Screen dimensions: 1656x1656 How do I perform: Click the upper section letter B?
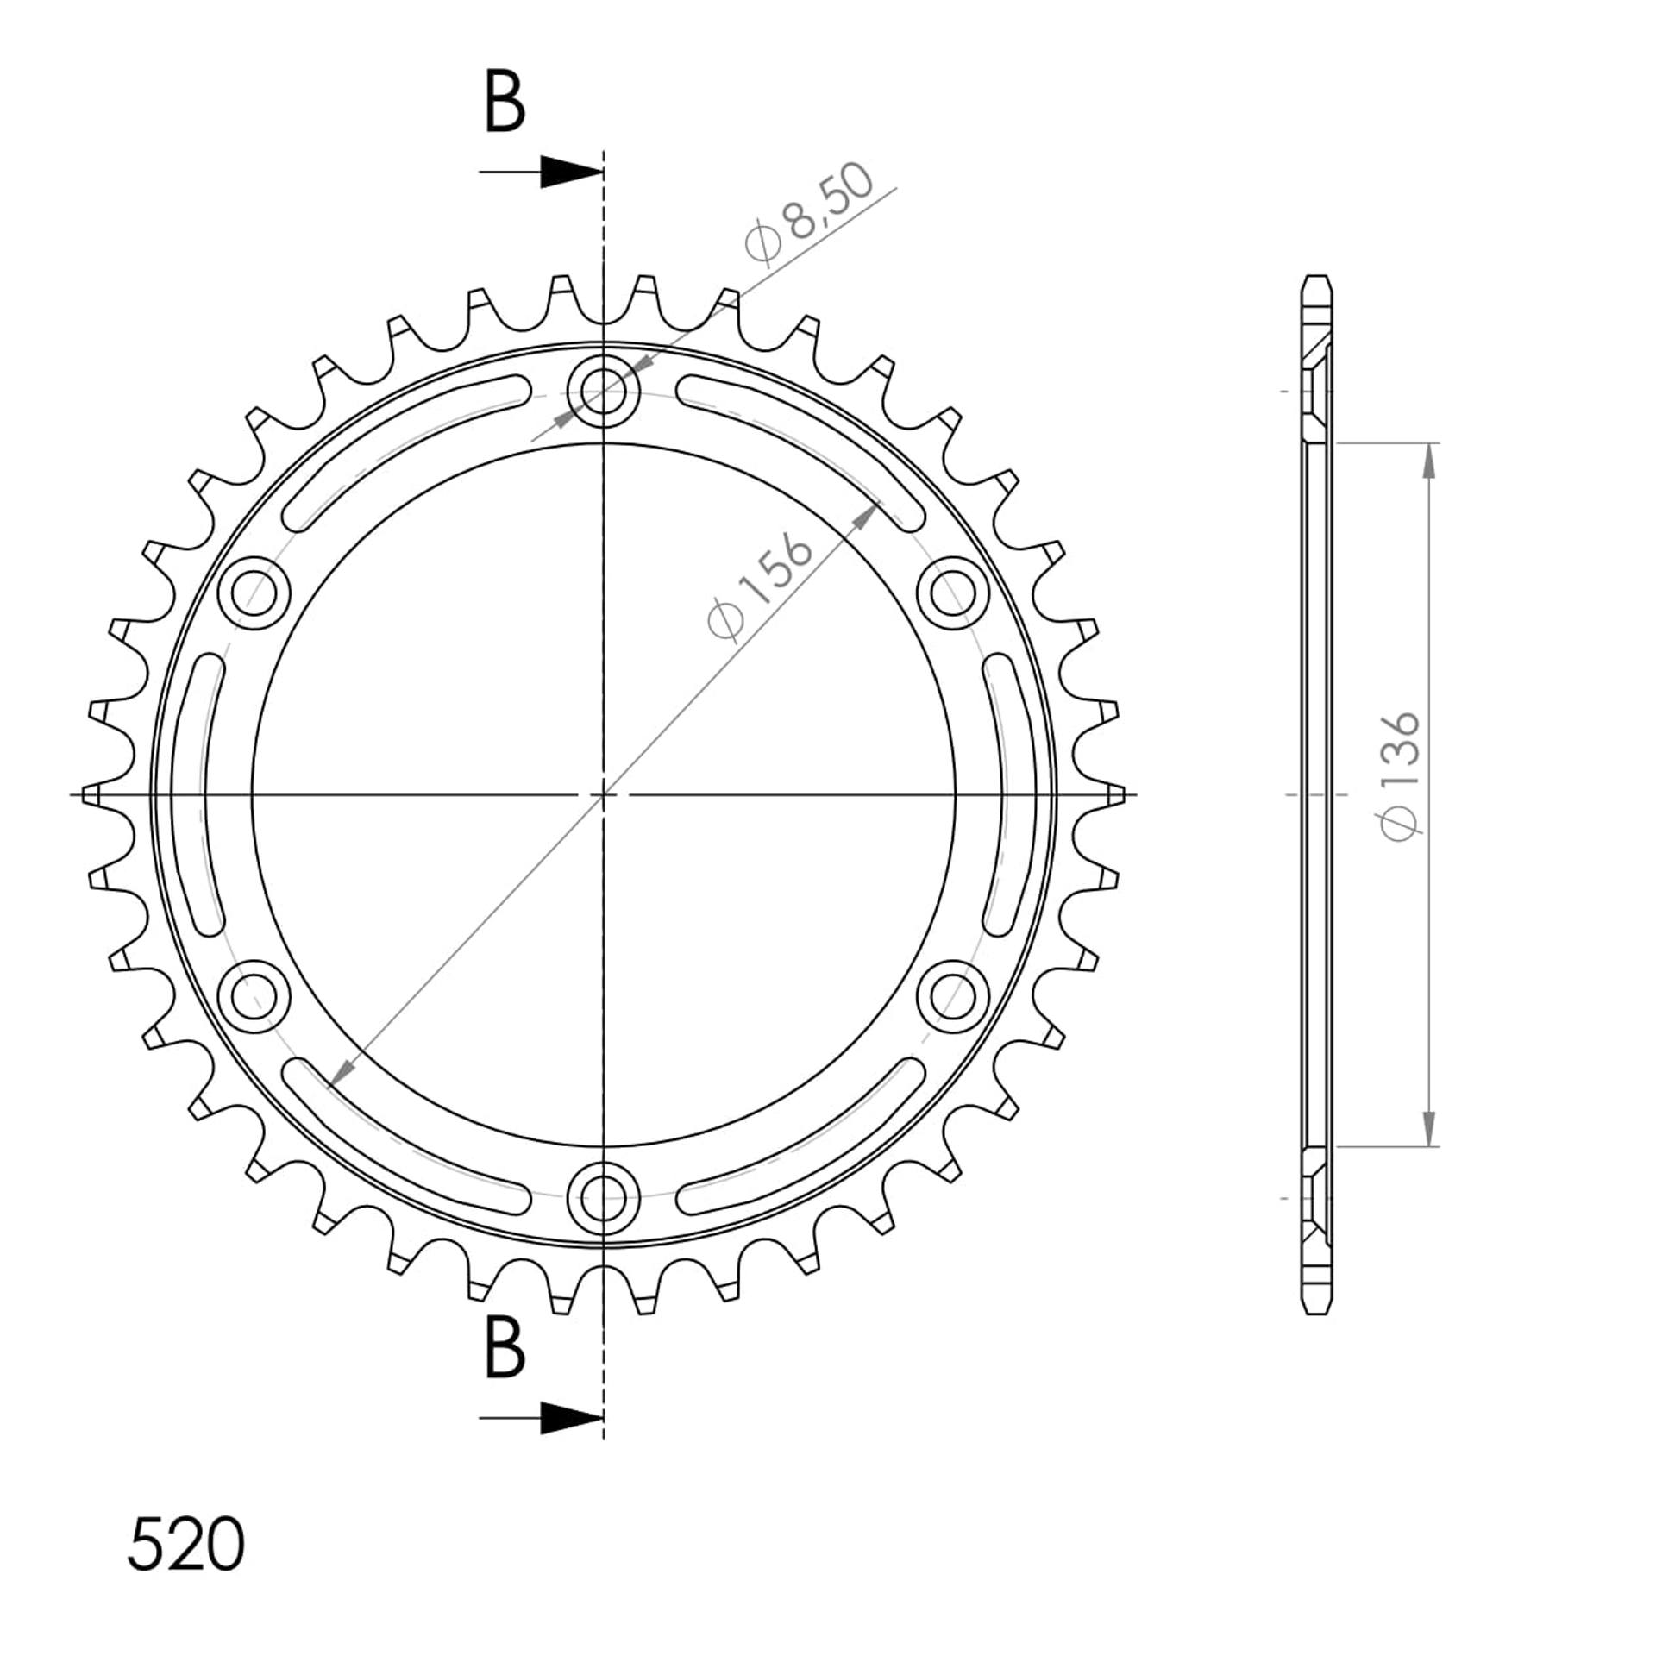(505, 103)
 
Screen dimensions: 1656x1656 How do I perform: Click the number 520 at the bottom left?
(186, 1544)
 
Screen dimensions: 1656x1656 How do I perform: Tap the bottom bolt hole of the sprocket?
(604, 1196)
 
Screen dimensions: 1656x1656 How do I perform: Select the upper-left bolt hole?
(254, 593)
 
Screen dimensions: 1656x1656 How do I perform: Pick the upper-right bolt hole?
(952, 593)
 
